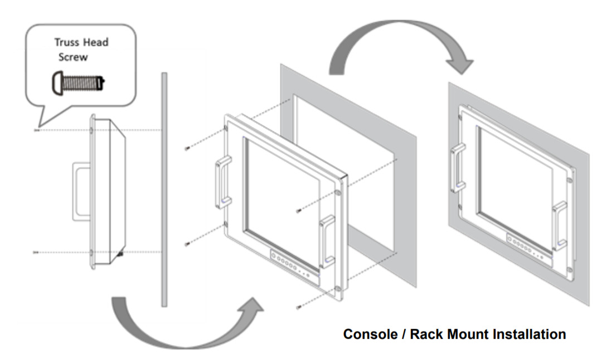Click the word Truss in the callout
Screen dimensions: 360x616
[66, 42]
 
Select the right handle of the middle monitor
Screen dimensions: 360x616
[327, 239]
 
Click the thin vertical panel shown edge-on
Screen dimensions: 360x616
[163, 189]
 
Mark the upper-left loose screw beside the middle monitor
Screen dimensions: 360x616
[186, 148]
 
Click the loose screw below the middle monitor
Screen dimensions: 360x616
[298, 307]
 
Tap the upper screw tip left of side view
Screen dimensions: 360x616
[37, 131]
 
